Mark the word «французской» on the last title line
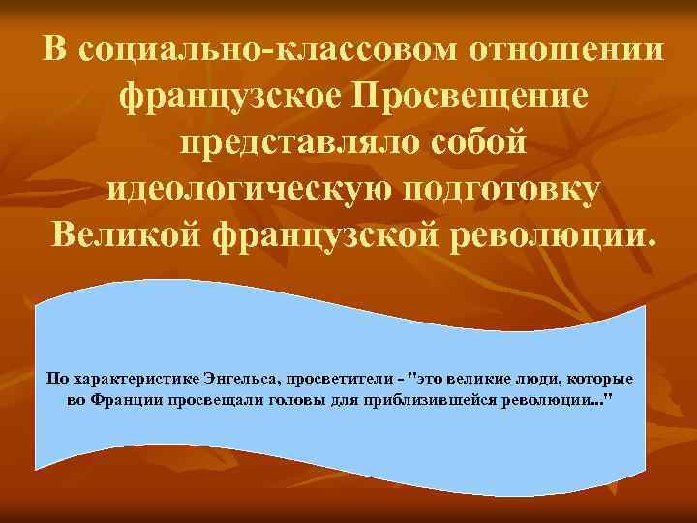click(x=323, y=232)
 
